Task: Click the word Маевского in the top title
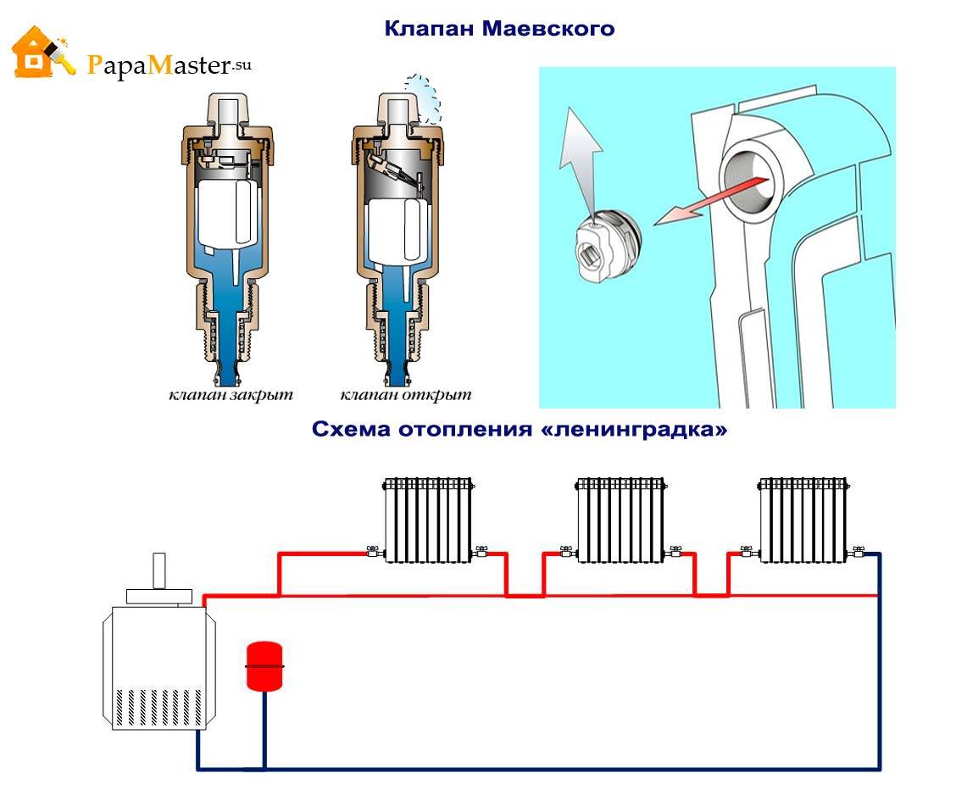coord(548,29)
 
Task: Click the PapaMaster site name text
coord(169,65)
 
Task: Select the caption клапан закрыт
coord(231,395)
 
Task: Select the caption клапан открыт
coord(405,395)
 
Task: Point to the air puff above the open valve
coord(423,97)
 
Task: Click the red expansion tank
coord(264,665)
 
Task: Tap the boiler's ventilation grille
coord(159,707)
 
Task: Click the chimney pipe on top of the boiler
coord(159,570)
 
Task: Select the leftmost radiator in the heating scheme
coord(428,520)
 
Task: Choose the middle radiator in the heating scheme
coord(620,520)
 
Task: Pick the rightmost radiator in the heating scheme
coord(803,520)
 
